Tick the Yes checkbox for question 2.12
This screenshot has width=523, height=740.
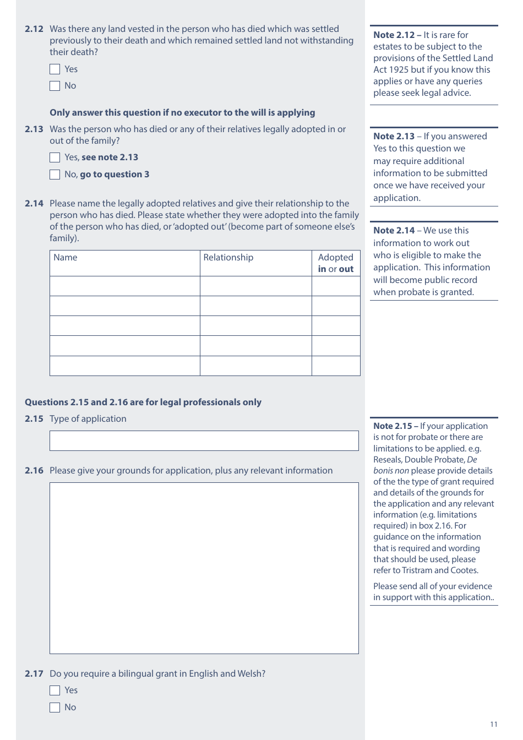click(x=55, y=69)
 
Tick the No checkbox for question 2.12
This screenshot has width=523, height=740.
click(x=55, y=86)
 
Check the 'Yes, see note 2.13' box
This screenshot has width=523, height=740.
click(x=55, y=157)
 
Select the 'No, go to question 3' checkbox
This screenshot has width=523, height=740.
click(x=55, y=175)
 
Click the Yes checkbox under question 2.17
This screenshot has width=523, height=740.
click(x=55, y=690)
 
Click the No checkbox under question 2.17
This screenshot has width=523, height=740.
click(x=55, y=708)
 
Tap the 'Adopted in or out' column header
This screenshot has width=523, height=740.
click(x=336, y=263)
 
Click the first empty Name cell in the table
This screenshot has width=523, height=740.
click(x=124, y=286)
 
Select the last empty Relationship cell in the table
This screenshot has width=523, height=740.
click(x=255, y=366)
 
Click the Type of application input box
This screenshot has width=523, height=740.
click(x=204, y=441)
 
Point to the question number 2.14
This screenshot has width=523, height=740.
click(x=34, y=204)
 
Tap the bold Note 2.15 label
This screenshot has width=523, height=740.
click(x=392, y=426)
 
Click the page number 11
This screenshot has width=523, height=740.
click(x=493, y=725)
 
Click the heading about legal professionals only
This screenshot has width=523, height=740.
click(x=143, y=402)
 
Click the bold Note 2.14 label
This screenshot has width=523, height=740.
click(x=394, y=231)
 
